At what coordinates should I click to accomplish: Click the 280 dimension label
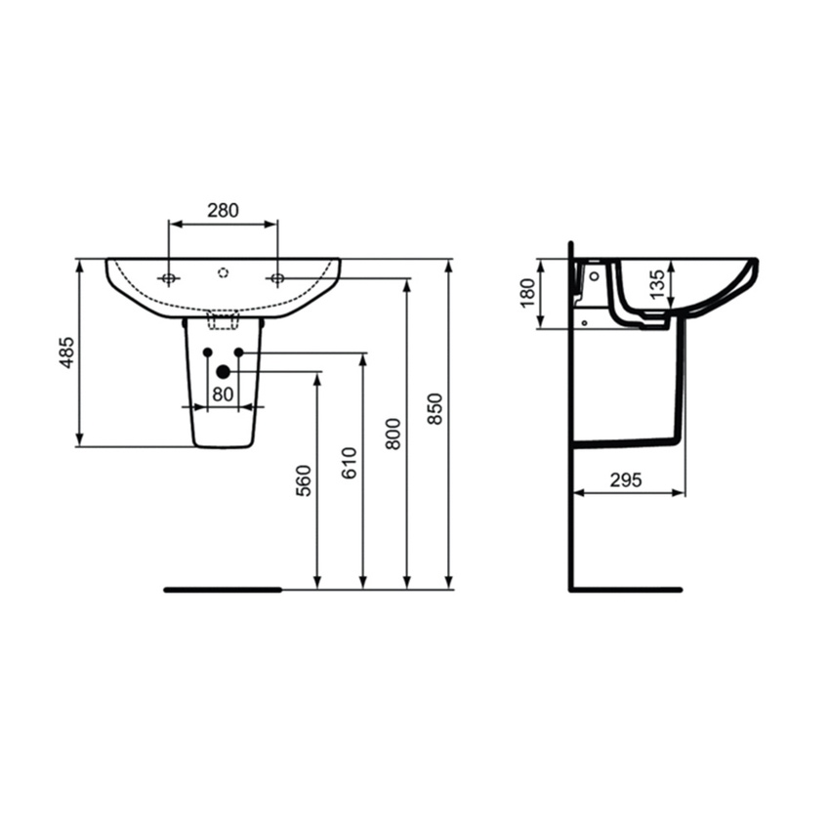click(223, 211)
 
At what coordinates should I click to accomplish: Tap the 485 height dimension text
click(67, 353)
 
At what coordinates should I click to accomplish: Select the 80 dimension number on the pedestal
click(223, 394)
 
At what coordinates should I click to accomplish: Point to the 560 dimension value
click(304, 480)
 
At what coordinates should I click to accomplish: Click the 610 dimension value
click(349, 463)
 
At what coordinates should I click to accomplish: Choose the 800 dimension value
click(393, 435)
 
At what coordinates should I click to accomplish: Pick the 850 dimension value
click(435, 408)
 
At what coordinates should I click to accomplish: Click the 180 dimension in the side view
click(527, 293)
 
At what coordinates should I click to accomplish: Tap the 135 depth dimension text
click(656, 285)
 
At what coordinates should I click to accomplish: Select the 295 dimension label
click(626, 480)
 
